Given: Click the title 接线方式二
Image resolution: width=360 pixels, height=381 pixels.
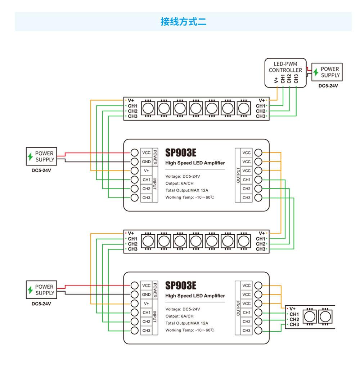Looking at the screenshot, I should (183, 22).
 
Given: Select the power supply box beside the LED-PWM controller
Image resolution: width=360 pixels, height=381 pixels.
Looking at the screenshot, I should (327, 72).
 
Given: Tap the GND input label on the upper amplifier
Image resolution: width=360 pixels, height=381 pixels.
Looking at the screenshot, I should (146, 161).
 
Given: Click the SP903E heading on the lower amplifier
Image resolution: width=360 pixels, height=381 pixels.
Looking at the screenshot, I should (181, 285).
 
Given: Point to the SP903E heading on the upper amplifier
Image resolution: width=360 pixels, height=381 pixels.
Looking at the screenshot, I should (181, 152).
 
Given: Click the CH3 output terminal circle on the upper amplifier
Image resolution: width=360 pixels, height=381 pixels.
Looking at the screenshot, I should (258, 198).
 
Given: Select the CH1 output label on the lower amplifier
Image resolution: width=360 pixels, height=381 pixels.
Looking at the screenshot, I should (247, 313).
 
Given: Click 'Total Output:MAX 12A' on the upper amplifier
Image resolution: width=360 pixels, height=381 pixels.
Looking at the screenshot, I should (187, 190).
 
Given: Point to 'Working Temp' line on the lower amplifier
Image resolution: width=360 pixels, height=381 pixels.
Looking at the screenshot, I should (190, 330).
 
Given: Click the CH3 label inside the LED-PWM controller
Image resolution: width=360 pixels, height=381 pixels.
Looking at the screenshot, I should (296, 78).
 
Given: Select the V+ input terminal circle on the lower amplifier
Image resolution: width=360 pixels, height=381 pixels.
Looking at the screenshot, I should (135, 304).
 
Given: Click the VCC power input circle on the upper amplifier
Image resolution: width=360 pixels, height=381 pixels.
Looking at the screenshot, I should (135, 152).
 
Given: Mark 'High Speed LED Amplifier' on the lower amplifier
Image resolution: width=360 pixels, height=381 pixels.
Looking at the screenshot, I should (195, 296).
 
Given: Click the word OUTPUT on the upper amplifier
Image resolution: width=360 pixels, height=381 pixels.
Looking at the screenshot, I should (238, 175).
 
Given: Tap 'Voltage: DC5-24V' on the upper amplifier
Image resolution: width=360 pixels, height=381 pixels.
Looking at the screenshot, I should (183, 176).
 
